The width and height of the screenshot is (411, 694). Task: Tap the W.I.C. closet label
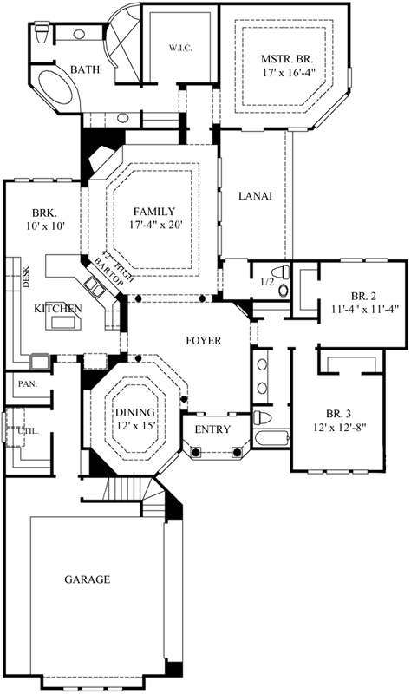coord(179,49)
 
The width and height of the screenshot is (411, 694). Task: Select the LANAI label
coord(255,196)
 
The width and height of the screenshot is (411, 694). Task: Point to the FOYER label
coord(204,340)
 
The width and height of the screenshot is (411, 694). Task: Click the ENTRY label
coord(211,430)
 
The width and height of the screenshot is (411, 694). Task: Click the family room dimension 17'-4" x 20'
coord(154,226)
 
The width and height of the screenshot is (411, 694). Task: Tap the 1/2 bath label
coord(269,282)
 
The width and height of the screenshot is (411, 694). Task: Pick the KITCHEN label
coord(58,309)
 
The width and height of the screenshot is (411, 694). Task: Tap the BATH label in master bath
coord(85,69)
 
